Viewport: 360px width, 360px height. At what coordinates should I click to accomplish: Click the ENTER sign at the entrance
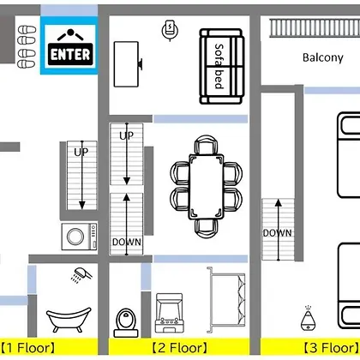click(x=70, y=47)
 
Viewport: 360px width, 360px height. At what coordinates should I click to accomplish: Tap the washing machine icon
click(x=80, y=237)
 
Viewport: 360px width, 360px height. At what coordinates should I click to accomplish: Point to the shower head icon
click(x=81, y=275)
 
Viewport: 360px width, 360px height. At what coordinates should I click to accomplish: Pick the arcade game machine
click(x=169, y=313)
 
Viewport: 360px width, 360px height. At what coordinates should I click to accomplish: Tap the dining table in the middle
click(x=206, y=187)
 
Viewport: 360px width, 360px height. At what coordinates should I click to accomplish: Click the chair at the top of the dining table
click(x=206, y=145)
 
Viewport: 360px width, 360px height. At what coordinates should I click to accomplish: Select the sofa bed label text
click(x=219, y=66)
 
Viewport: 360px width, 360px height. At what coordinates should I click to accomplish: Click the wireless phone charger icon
click(x=170, y=30)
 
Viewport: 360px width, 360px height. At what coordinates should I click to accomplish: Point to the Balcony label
click(x=323, y=57)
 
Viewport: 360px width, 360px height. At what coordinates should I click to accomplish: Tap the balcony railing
click(x=315, y=28)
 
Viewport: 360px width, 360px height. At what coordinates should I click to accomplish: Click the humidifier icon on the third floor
click(x=308, y=318)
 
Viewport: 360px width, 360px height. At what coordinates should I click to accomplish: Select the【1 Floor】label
click(x=27, y=348)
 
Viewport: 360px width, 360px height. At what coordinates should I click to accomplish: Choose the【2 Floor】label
click(x=179, y=348)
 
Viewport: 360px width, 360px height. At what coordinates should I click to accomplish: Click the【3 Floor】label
click(x=331, y=348)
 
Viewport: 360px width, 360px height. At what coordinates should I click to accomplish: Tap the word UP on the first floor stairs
click(x=81, y=152)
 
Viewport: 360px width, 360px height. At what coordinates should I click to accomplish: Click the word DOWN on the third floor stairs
click(x=278, y=233)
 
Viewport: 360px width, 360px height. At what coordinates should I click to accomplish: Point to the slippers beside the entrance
click(x=27, y=46)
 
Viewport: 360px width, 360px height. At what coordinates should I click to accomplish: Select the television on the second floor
click(x=127, y=64)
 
